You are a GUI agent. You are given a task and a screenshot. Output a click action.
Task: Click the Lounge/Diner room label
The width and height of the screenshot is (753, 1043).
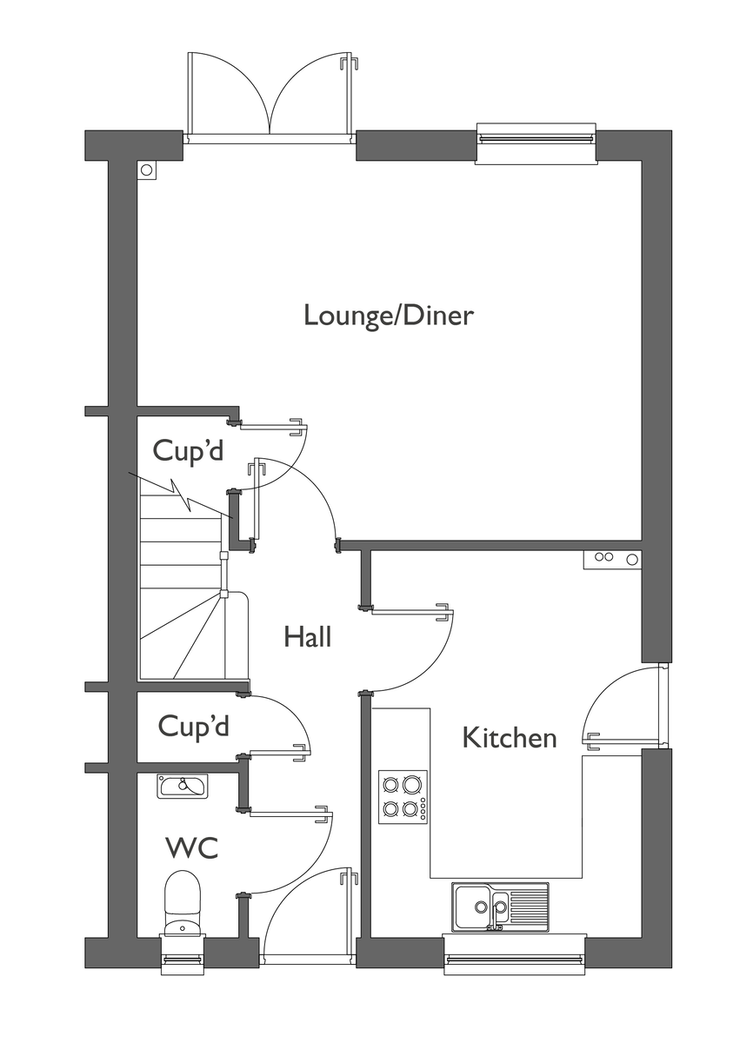tap(389, 316)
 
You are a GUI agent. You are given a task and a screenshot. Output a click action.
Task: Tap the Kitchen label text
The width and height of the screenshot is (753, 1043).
tap(510, 738)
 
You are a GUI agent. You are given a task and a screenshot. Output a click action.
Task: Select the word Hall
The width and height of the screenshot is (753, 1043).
tap(307, 637)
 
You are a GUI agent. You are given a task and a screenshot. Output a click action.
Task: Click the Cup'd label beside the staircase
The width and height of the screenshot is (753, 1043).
tap(188, 450)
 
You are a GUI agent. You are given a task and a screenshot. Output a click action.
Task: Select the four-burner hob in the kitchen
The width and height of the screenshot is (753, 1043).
tap(403, 797)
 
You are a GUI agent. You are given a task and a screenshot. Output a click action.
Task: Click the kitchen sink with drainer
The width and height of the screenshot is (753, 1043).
tap(500, 906)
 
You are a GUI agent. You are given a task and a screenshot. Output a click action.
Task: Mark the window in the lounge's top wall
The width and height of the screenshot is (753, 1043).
tap(536, 143)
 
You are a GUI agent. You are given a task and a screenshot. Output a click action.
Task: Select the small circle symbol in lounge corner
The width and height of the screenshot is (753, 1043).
tap(147, 170)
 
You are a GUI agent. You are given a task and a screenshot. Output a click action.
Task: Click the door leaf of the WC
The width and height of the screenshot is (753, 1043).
tap(291, 814)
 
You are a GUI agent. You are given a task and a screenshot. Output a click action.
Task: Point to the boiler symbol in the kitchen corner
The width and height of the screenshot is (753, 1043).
tap(612, 559)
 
